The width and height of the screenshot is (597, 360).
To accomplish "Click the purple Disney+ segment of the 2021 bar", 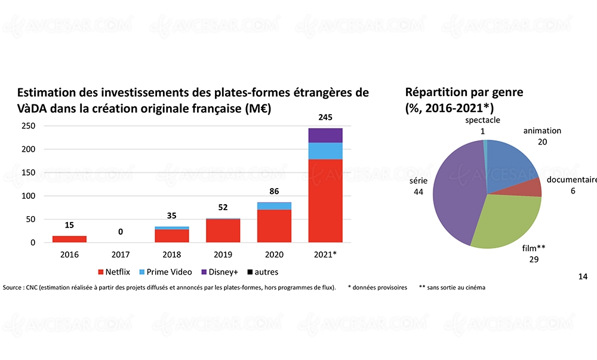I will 325,136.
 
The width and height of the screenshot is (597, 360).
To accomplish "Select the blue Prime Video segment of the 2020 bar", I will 273,206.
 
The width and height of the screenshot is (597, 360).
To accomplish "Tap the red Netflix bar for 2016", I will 69,239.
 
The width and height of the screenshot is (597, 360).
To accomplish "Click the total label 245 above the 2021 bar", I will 325,118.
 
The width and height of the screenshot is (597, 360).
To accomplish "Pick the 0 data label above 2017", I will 121,232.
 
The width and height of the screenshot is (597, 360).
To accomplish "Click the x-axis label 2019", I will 223,255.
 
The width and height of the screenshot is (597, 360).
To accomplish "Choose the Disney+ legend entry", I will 221,272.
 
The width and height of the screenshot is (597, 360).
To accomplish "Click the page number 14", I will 583,276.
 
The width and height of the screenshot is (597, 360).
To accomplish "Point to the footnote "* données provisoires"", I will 377,287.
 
